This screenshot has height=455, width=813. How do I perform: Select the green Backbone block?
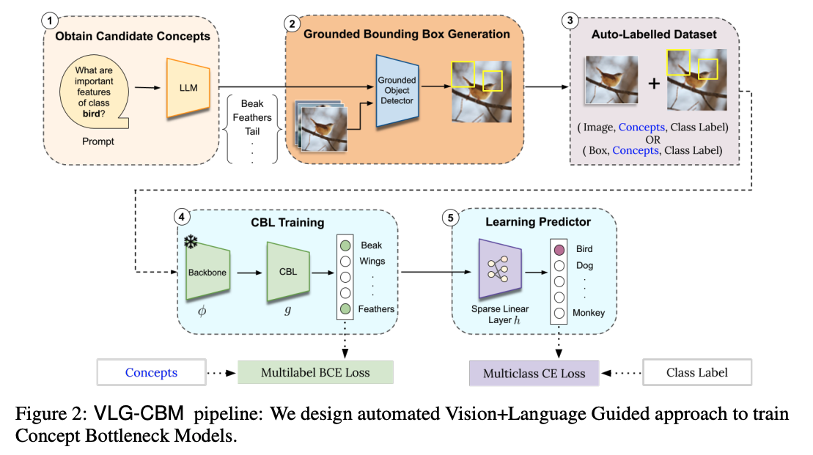(x=208, y=272)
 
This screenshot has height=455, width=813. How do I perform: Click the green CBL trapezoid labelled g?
(x=288, y=272)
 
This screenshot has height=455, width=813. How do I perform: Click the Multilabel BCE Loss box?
(x=315, y=372)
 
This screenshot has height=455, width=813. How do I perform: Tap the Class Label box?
(x=697, y=372)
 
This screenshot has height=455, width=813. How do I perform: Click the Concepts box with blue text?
(x=151, y=372)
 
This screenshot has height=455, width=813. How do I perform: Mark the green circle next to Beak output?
(x=345, y=245)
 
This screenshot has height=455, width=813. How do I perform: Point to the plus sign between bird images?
(x=652, y=83)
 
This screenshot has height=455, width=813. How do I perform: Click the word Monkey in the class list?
(x=589, y=313)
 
